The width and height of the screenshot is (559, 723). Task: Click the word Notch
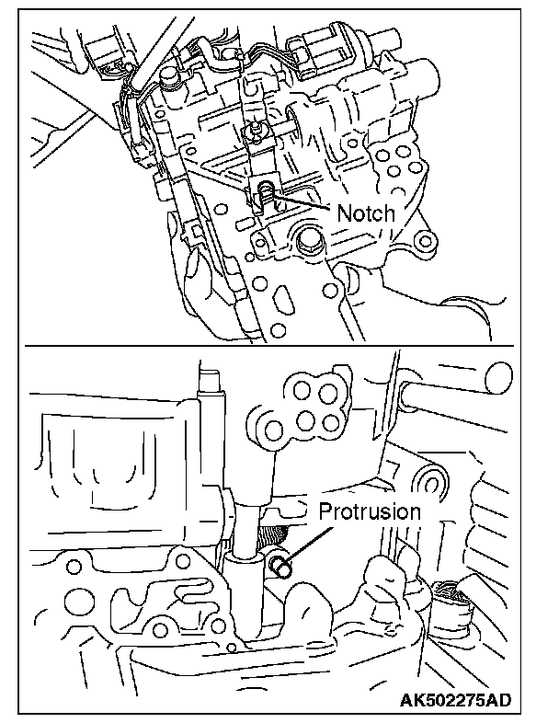coord(366,213)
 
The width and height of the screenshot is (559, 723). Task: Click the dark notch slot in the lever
coord(265,192)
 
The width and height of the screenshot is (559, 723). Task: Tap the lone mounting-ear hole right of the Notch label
coord(425,243)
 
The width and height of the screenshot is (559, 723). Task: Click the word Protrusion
coord(369,512)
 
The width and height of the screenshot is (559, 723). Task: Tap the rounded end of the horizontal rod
coord(496,374)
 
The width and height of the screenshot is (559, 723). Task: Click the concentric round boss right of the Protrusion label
coord(432,483)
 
